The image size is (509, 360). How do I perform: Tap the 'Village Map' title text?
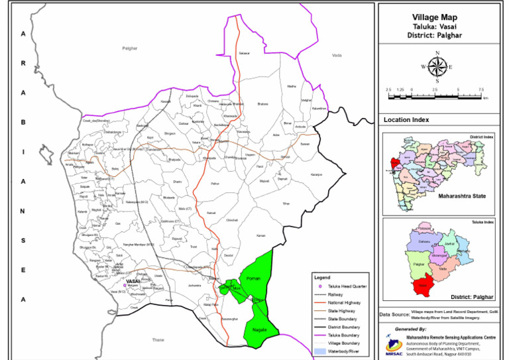pyautogui.click(x=434, y=18)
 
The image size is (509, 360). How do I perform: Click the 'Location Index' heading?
pyautogui.click(x=406, y=120)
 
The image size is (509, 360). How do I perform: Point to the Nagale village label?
pyautogui.click(x=259, y=329)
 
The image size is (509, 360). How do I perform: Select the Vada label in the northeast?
pyautogui.click(x=337, y=56)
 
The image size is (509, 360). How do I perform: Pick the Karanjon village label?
pyautogui.click(x=316, y=174)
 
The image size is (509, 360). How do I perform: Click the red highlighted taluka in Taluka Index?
pyautogui.click(x=420, y=286)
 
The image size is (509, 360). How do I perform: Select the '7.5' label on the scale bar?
pyautogui.click(x=481, y=89)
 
